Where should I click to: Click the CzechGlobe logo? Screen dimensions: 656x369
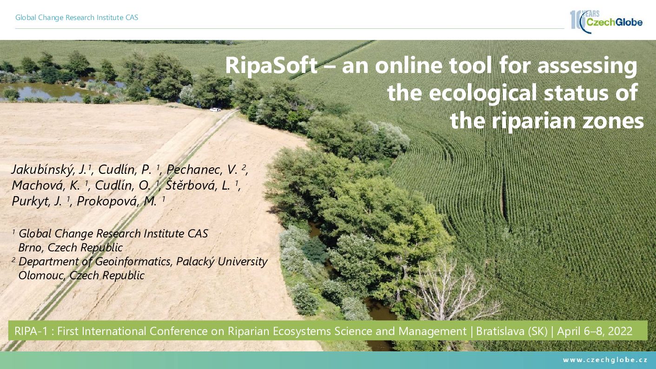[x=606, y=21]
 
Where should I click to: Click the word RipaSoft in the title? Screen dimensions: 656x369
[x=272, y=66]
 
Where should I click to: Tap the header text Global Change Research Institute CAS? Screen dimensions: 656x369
[x=77, y=18]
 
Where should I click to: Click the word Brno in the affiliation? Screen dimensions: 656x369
[x=31, y=248]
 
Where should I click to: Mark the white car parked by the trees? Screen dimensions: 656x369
[x=215, y=110]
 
